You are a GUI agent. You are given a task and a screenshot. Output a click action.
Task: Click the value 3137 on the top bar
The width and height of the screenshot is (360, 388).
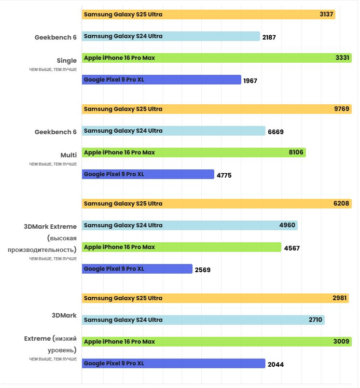click(326, 14)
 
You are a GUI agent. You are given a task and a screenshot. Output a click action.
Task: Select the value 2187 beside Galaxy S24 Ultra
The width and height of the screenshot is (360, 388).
click(269, 37)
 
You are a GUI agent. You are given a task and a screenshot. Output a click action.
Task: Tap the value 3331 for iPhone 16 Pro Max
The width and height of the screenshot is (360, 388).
click(342, 58)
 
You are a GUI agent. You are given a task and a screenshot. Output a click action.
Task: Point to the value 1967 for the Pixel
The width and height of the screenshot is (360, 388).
click(250, 81)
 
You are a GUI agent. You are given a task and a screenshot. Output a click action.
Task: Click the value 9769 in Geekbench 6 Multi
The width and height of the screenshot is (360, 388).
click(342, 109)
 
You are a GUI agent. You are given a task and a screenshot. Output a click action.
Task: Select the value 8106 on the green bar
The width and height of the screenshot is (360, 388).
click(296, 152)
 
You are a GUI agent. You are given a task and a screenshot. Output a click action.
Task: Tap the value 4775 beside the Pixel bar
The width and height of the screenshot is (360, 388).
click(224, 175)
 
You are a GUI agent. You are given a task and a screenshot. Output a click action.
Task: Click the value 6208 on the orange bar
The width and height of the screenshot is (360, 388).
click(341, 204)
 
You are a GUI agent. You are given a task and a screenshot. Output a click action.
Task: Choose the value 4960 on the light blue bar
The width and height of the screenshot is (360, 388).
click(287, 225)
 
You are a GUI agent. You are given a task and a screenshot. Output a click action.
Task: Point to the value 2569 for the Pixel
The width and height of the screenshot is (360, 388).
click(202, 270)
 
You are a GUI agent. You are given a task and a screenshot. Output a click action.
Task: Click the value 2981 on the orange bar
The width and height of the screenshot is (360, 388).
click(340, 298)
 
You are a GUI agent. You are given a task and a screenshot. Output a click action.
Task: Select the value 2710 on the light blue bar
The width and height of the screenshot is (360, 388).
click(316, 320)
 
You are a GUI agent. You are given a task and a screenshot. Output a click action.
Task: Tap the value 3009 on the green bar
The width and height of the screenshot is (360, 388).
click(341, 342)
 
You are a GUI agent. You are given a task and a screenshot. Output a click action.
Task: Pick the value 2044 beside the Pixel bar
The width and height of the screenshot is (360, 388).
click(276, 364)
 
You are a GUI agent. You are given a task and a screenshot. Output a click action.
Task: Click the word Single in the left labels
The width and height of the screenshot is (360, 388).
click(67, 61)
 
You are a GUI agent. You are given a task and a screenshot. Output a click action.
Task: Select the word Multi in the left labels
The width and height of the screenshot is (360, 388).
click(69, 155)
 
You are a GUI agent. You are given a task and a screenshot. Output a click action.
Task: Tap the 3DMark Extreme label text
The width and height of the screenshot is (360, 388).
click(50, 226)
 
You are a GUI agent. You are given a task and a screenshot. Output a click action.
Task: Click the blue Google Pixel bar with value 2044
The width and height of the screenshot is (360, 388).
click(173, 363)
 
